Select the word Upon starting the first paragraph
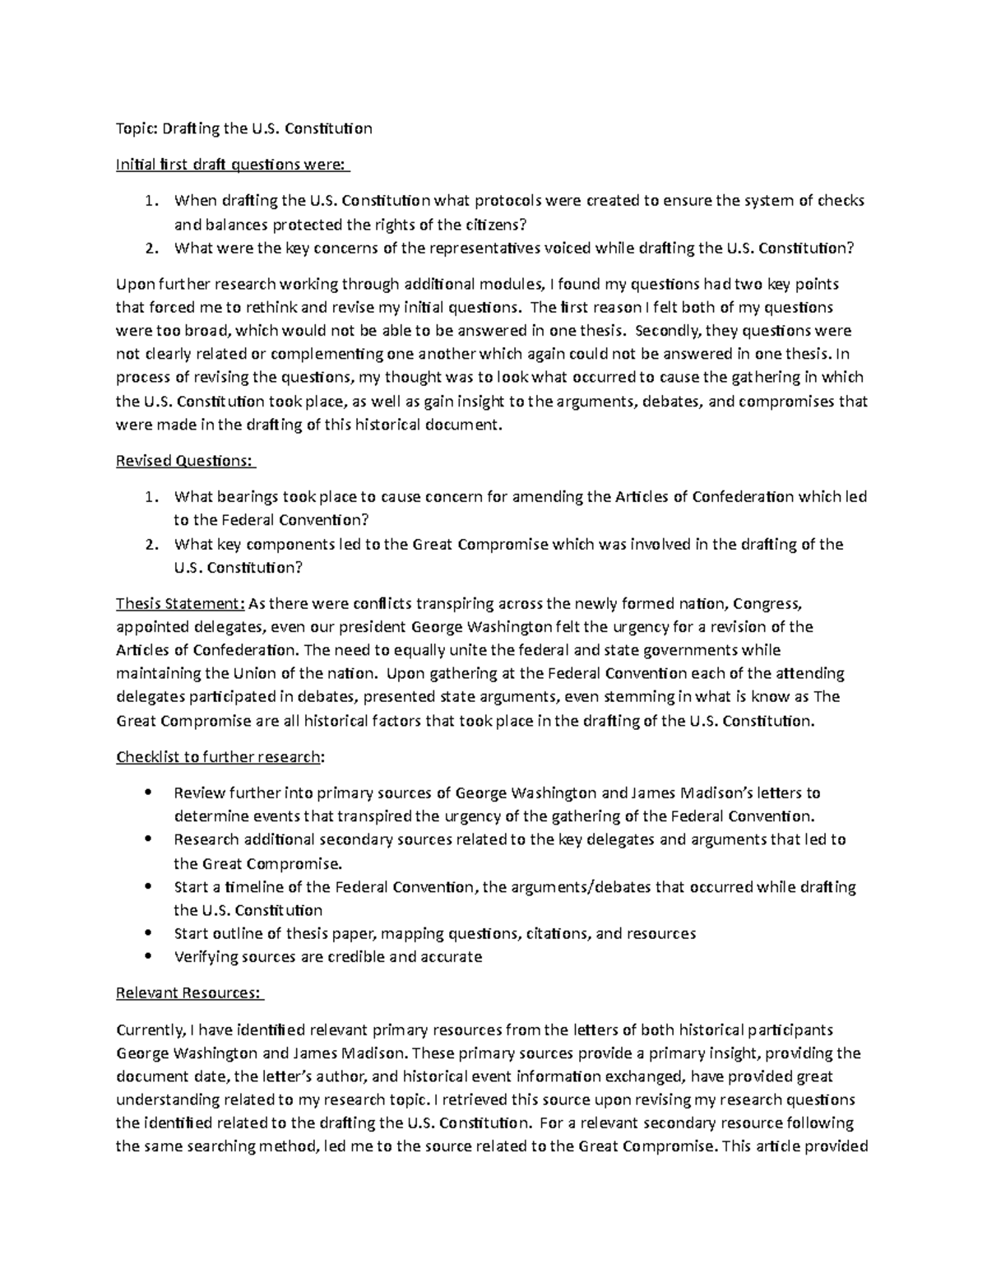click(x=136, y=285)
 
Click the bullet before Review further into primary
click(x=147, y=793)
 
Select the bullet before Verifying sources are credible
click(x=147, y=956)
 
